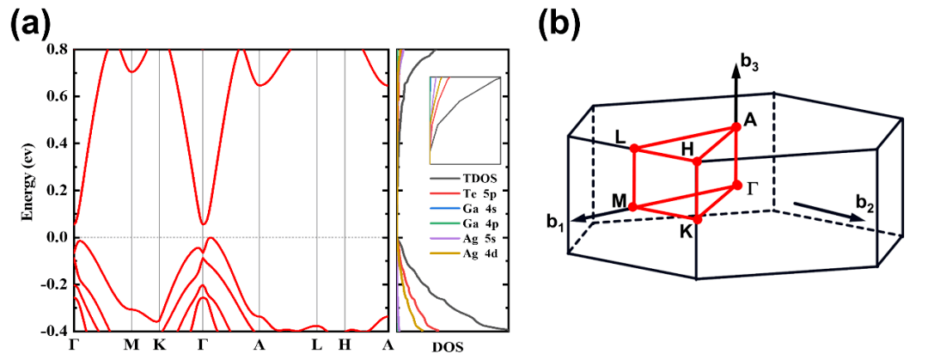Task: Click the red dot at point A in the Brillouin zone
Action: (x=736, y=127)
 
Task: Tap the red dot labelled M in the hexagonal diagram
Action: (x=633, y=207)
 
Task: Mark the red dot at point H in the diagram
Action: (x=697, y=161)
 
